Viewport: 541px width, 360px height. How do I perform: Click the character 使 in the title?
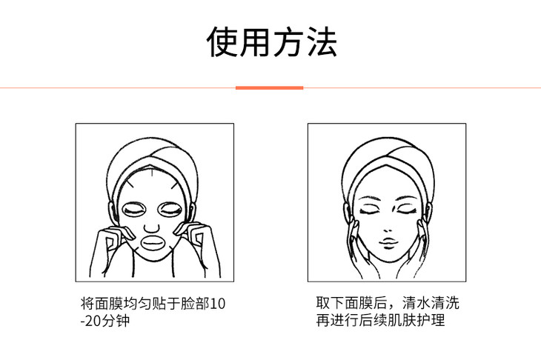(222, 41)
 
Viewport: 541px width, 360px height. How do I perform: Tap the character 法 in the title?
(321, 41)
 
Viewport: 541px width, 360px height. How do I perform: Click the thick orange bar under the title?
(270, 88)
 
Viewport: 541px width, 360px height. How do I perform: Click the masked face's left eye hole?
(135, 210)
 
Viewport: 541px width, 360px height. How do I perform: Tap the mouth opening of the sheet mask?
(154, 243)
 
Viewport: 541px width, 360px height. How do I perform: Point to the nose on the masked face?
(151, 229)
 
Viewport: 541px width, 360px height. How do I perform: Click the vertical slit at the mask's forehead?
(152, 172)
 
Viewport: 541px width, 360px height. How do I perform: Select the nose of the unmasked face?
(388, 230)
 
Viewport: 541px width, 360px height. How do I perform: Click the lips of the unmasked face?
(389, 243)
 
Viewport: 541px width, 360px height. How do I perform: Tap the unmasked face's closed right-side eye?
(408, 210)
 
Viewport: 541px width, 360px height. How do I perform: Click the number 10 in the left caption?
(217, 304)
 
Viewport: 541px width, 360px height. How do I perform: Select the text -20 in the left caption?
(91, 321)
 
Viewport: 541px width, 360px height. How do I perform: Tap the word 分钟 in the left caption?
(116, 321)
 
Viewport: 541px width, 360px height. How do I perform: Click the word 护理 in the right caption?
(431, 320)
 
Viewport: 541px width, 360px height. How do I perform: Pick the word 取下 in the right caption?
(331, 303)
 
